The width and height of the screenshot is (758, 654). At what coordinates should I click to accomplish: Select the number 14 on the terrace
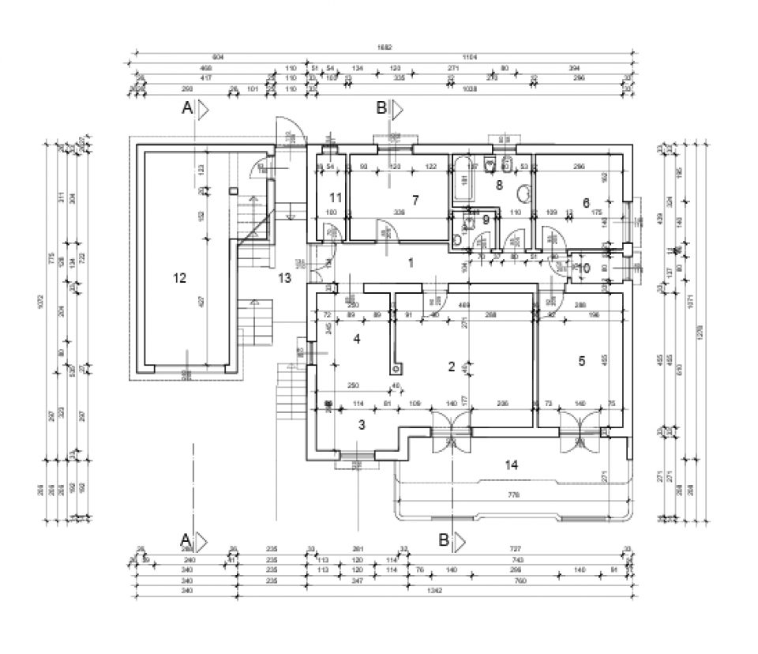pos(512,464)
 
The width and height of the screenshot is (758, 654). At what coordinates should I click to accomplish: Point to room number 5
pos(582,361)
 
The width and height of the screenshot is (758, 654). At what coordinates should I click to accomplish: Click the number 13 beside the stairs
pos(284,278)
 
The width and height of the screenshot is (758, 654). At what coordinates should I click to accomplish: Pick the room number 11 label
pos(336,197)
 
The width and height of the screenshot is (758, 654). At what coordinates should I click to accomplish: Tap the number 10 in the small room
pos(584,269)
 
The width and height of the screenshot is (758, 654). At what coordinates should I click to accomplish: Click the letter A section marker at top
pos(188,109)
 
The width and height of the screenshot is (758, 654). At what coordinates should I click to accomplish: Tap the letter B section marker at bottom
pos(444,540)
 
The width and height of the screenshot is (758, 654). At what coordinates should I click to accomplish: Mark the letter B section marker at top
pos(381,107)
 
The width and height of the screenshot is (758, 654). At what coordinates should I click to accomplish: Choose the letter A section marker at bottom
pos(186,539)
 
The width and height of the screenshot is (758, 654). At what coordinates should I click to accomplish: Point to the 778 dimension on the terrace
pos(513,494)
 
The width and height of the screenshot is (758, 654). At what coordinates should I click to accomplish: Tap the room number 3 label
pos(362,425)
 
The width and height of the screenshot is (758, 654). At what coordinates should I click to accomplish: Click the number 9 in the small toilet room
pos(486,220)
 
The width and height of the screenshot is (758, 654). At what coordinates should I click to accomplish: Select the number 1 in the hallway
pos(411,262)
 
